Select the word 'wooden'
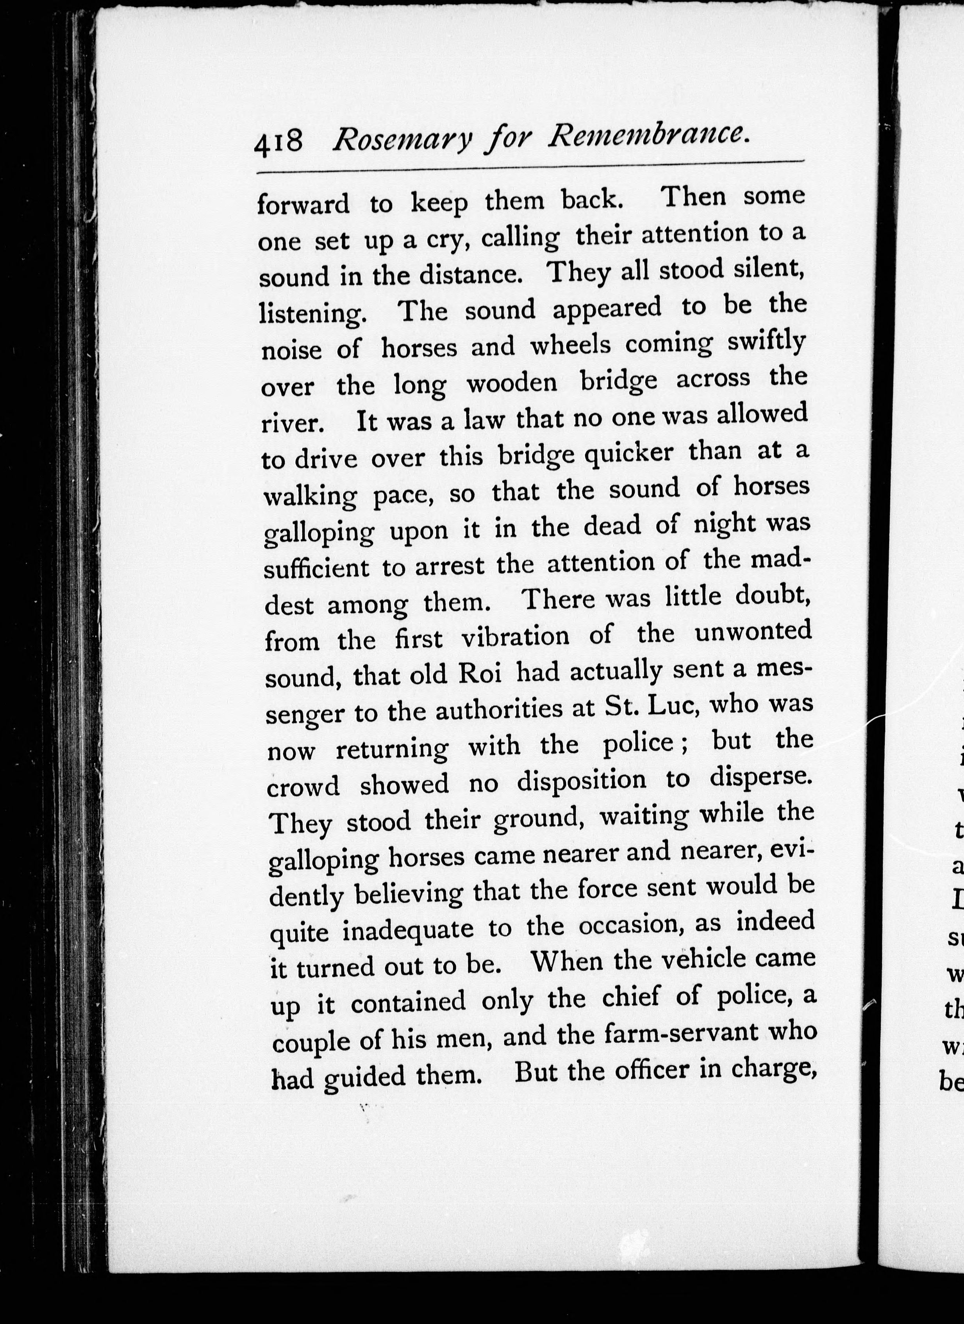[x=512, y=383]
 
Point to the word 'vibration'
[x=515, y=636]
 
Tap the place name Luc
[x=670, y=707]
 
